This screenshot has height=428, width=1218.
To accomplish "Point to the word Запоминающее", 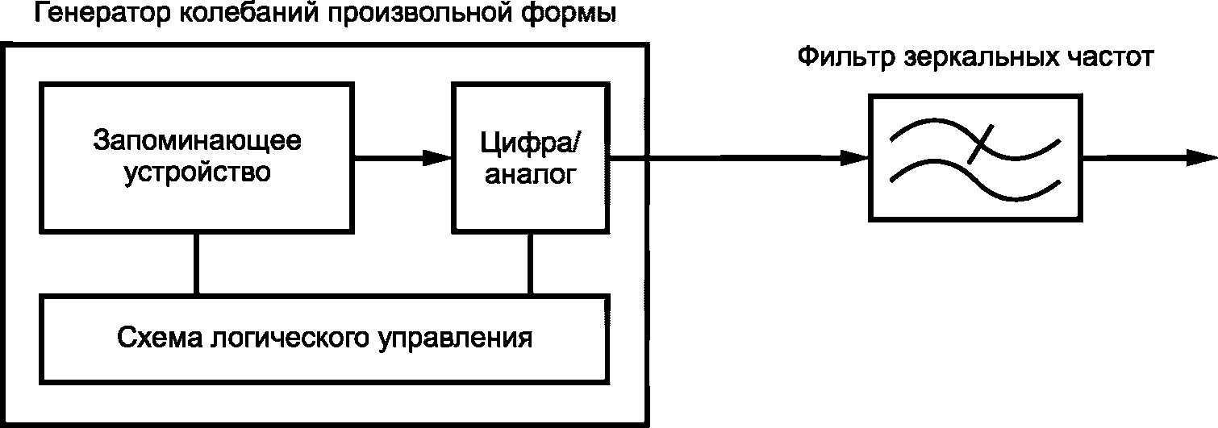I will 197,140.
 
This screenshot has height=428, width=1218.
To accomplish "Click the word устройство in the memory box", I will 197,172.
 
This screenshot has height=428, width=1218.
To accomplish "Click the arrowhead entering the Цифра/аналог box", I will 440,158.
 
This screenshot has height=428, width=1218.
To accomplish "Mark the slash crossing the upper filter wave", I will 979,146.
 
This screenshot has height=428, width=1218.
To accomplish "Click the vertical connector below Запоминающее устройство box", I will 195,264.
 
